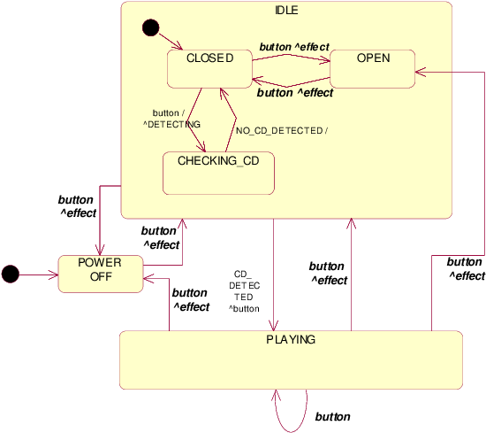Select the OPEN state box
coord(372,69)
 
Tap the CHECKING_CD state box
coord(218,173)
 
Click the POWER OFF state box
coord(99,274)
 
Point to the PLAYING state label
coord(291,339)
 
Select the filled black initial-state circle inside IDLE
coord(150,28)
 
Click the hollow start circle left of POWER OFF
coord(10,274)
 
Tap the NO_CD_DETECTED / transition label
coord(282,131)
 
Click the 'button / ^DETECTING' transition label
coord(167,120)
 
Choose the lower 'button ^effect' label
coord(295,92)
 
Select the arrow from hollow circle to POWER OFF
coord(37,274)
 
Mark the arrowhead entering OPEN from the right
coord(421,73)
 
